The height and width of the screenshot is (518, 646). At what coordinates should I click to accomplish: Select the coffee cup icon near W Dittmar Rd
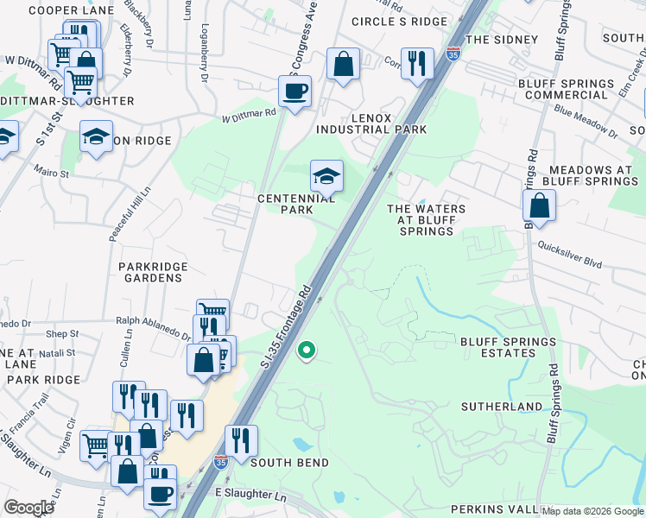(x=294, y=91)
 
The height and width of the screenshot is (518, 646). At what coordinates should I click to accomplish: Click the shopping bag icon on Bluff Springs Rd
(x=539, y=205)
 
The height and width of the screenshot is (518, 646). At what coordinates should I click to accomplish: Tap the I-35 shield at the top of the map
(x=453, y=54)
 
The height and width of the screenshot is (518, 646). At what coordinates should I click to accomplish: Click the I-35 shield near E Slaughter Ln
(x=220, y=463)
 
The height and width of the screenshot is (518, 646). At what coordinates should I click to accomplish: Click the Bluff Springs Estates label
(x=508, y=347)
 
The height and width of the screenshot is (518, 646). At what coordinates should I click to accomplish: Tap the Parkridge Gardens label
(x=151, y=272)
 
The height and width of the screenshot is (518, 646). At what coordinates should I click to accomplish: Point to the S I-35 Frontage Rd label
(x=285, y=324)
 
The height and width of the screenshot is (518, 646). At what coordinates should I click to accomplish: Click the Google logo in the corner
(x=28, y=508)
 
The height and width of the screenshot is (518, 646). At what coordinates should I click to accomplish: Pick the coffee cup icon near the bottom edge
(x=159, y=494)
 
